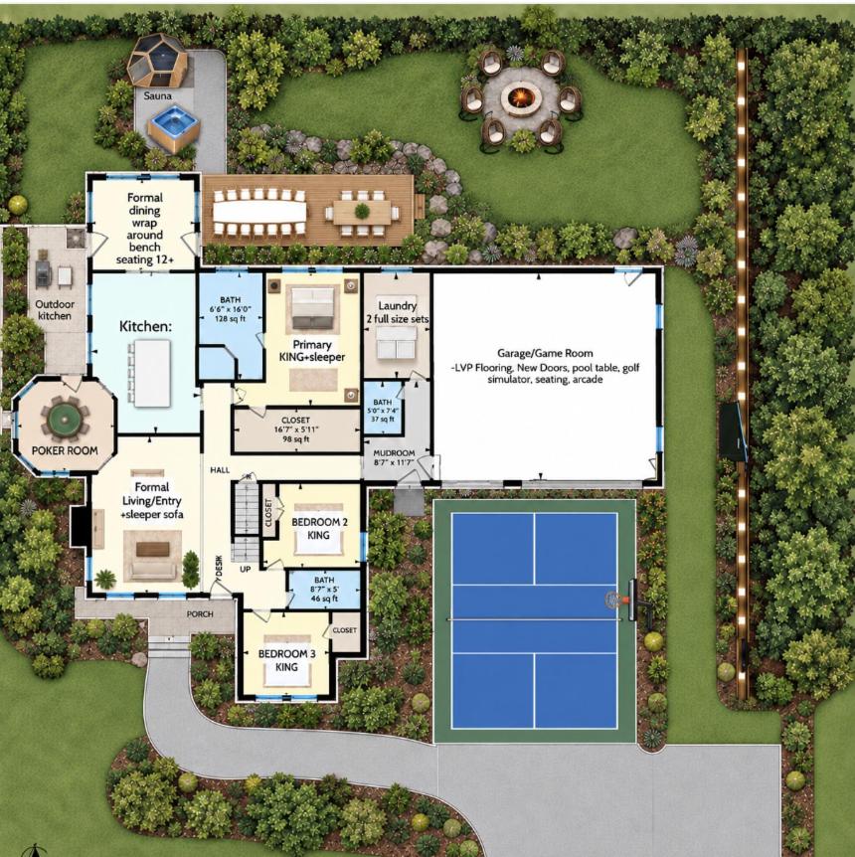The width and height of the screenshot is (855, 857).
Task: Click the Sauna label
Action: click(157, 95)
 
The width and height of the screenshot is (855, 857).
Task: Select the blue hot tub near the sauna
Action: click(173, 125)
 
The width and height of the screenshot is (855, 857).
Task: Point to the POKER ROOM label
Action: click(65, 450)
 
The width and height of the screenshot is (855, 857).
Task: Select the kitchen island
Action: click(152, 373)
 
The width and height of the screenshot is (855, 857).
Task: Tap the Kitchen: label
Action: click(145, 326)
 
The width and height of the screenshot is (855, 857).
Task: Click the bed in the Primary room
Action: click(313, 307)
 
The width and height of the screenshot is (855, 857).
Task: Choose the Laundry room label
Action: click(398, 305)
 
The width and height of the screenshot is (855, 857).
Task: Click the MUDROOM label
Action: click(394, 452)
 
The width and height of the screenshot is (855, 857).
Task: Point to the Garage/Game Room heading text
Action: click(545, 353)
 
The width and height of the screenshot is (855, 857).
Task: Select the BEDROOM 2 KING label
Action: click(319, 528)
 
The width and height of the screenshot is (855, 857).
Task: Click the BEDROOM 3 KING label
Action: click(287, 660)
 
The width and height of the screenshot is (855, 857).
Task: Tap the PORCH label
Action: click(200, 613)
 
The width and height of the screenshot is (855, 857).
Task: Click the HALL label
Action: click(220, 469)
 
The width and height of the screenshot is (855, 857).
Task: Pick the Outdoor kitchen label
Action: click(55, 310)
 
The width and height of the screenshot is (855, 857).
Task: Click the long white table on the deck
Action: click(259, 212)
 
